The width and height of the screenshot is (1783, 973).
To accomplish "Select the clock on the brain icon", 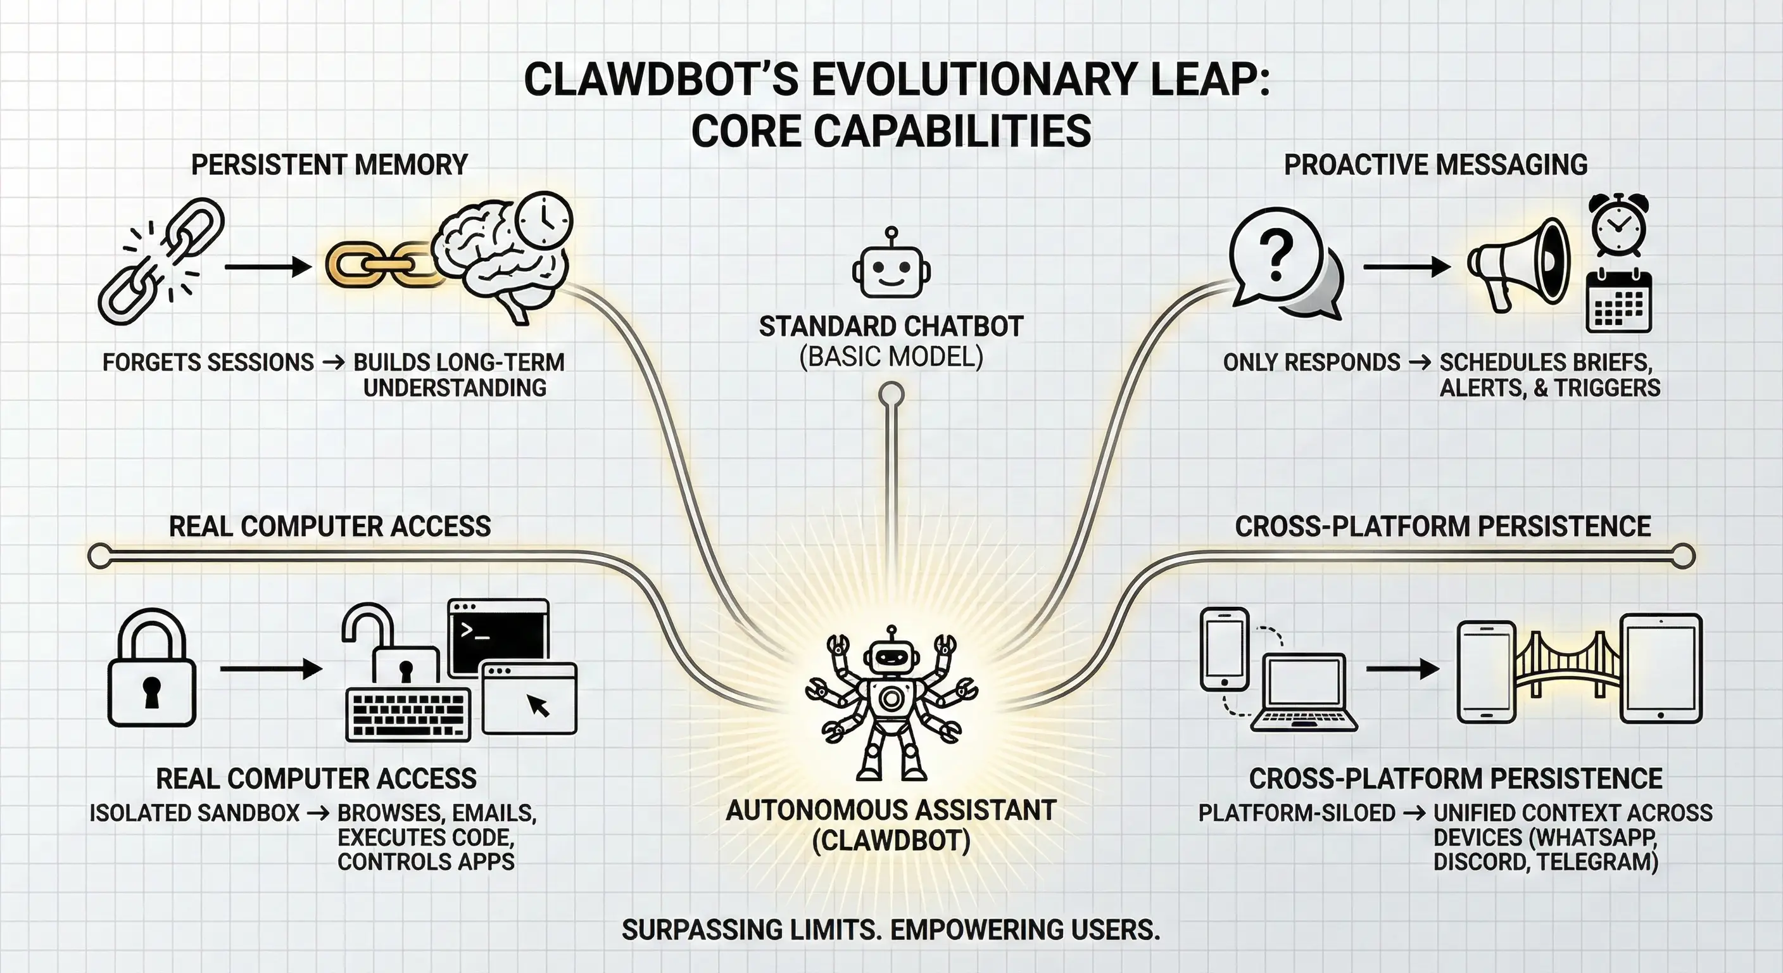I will pyautogui.click(x=544, y=219).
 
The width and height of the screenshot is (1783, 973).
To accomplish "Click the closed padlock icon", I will pyautogui.click(x=151, y=670).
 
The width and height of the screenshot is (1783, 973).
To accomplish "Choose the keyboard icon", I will pyautogui.click(x=408, y=714).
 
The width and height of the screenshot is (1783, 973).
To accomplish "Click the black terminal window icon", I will pyautogui.click(x=498, y=637).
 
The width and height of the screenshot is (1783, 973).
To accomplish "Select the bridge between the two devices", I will pyautogui.click(x=1566, y=668).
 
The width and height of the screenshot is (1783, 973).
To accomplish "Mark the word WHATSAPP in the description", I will pyautogui.click(x=1592, y=837).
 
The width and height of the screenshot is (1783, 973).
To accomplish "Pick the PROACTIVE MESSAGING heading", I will pyautogui.click(x=1435, y=165).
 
